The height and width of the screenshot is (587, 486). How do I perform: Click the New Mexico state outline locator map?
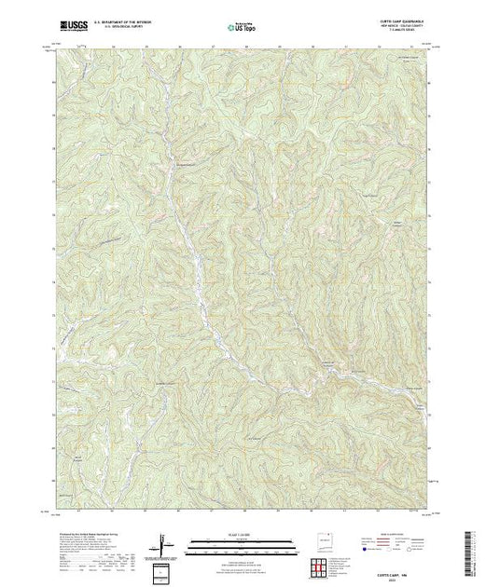[x=326, y=539]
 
